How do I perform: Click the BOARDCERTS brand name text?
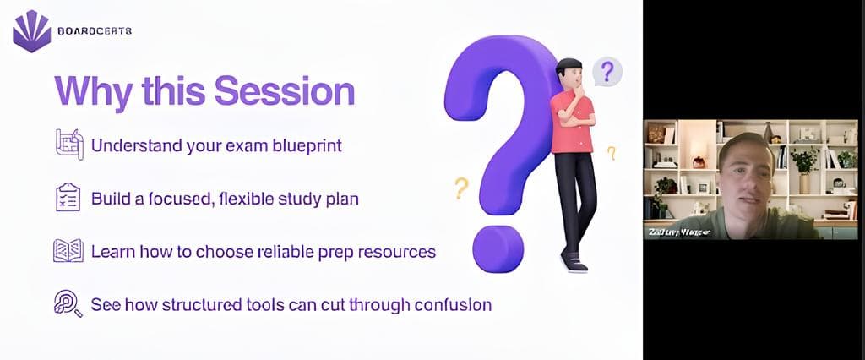(x=95, y=31)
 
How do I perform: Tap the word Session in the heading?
(x=285, y=90)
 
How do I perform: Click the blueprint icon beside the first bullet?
(x=68, y=144)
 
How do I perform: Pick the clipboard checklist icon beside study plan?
(x=68, y=197)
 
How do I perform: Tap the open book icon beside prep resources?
(x=68, y=251)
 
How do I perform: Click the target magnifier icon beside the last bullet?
(x=68, y=303)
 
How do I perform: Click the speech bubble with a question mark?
(x=607, y=71)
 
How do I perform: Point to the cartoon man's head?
(x=569, y=74)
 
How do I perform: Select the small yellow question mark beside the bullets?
(x=460, y=187)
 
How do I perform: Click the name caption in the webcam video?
(x=678, y=231)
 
